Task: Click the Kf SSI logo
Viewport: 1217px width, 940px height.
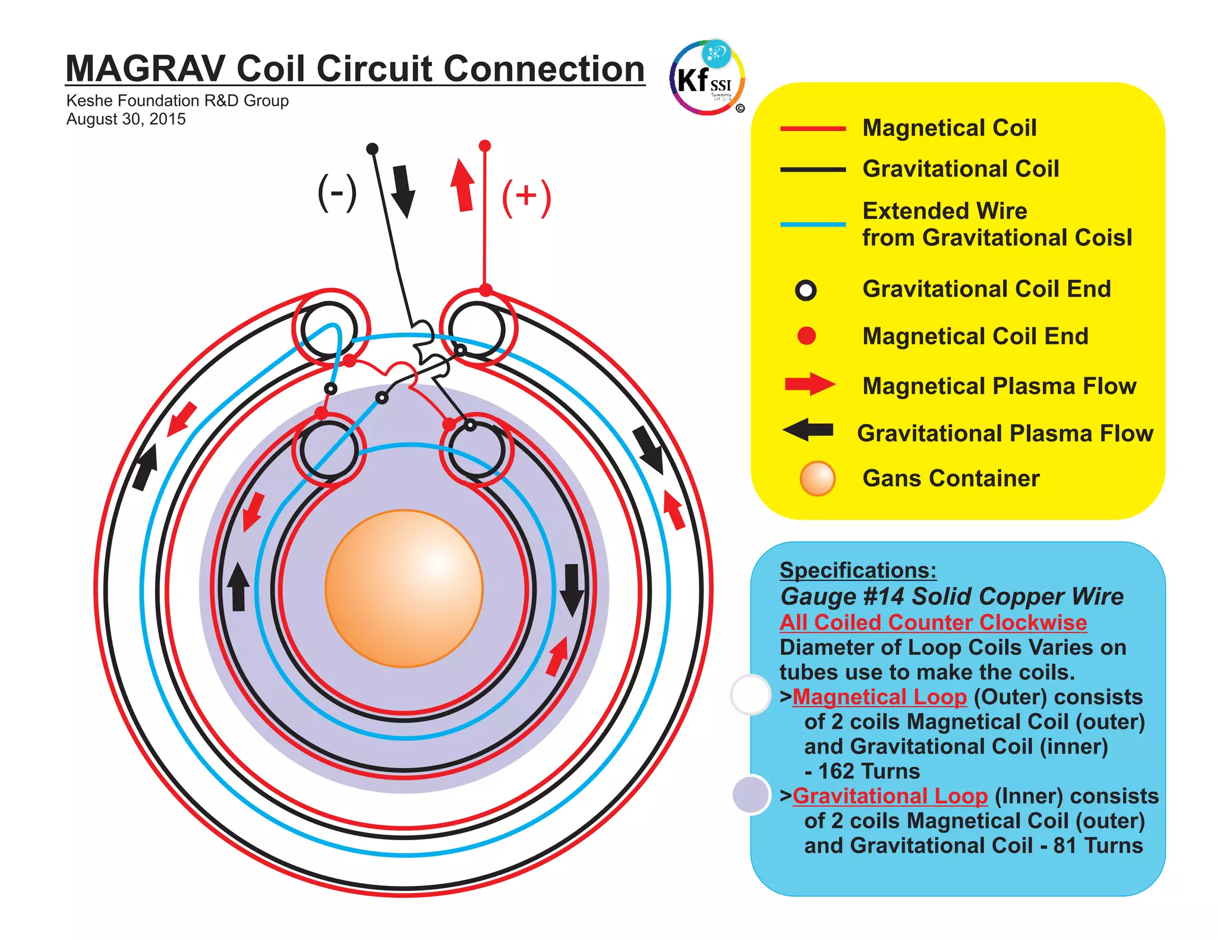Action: [x=707, y=78]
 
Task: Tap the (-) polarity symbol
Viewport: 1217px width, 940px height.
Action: [x=337, y=193]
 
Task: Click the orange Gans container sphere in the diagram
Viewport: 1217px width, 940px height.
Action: [x=404, y=588]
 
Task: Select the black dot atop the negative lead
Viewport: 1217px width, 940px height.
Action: [x=372, y=148]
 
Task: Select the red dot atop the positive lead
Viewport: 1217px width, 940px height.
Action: [x=485, y=146]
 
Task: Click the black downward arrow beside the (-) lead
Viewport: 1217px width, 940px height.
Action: [x=403, y=191]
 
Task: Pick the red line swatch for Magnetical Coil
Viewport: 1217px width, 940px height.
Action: [x=812, y=128]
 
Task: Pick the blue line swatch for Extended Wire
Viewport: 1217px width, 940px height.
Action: [x=812, y=225]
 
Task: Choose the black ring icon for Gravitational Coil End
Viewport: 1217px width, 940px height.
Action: [x=806, y=290]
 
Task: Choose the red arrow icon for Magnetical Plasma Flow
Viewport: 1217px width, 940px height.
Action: [x=809, y=384]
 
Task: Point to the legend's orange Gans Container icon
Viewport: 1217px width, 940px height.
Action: [x=818, y=478]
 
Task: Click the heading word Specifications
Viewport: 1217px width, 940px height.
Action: [x=857, y=570]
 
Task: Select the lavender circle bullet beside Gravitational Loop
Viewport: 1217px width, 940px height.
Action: [x=751, y=794]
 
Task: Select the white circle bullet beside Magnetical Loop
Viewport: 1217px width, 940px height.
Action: [x=751, y=694]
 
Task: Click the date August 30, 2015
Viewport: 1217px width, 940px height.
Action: [x=126, y=119]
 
